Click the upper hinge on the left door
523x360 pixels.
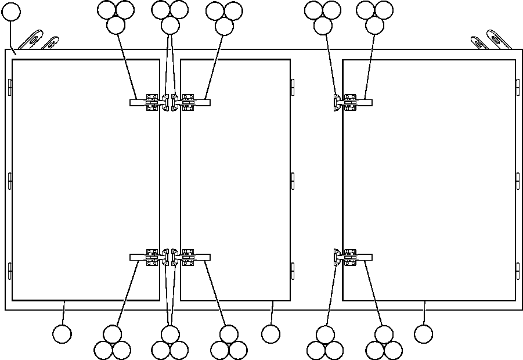(x=10, y=87)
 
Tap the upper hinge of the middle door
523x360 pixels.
(x=293, y=86)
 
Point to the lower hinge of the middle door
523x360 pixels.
(x=293, y=271)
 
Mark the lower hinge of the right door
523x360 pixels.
(x=518, y=271)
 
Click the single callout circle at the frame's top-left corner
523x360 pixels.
(x=11, y=12)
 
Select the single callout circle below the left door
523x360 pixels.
(x=62, y=334)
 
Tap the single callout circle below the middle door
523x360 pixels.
(x=270, y=334)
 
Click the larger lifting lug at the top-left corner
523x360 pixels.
(x=32, y=39)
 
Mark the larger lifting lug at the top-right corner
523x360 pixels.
(x=499, y=39)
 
